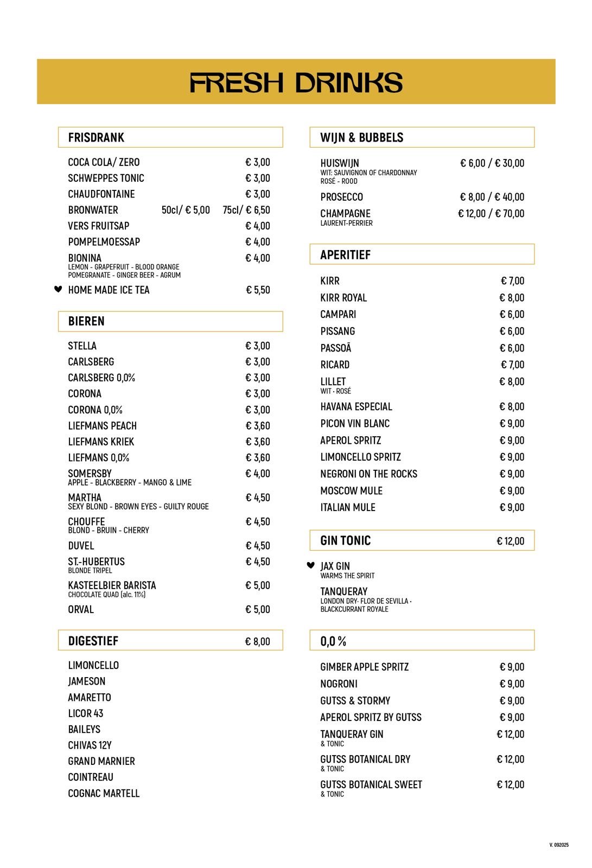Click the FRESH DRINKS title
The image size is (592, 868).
pyautogui.click(x=296, y=83)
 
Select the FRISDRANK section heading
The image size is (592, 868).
pyautogui.click(x=96, y=138)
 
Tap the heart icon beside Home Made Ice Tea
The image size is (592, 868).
pyautogui.click(x=58, y=289)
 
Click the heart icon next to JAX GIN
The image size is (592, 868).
pyautogui.click(x=310, y=565)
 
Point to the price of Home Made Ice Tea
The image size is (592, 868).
pyautogui.click(x=258, y=290)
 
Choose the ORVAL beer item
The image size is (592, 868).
pyautogui.click(x=81, y=610)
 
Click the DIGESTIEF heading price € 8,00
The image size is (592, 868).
pyautogui.click(x=257, y=641)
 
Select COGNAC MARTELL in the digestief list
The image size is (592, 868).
pyautogui.click(x=104, y=794)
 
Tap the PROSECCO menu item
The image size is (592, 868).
pyautogui.click(x=341, y=197)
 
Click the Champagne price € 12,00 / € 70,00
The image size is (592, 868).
pyautogui.click(x=491, y=214)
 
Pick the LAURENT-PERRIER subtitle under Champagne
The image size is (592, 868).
pyautogui.click(x=346, y=224)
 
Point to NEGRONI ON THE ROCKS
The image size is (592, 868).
pyautogui.click(x=368, y=474)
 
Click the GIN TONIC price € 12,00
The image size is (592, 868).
pyautogui.click(x=510, y=541)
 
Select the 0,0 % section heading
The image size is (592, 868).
pyautogui.click(x=333, y=641)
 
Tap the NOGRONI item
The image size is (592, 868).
pyautogui.click(x=339, y=684)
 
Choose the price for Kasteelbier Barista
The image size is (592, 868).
pyautogui.click(x=257, y=586)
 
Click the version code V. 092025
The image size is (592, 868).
pyautogui.click(x=559, y=845)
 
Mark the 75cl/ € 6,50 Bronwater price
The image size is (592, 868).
pyautogui.click(x=246, y=210)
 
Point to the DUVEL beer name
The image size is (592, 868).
pyautogui.click(x=81, y=546)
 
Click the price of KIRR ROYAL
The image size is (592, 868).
pyautogui.click(x=512, y=298)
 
